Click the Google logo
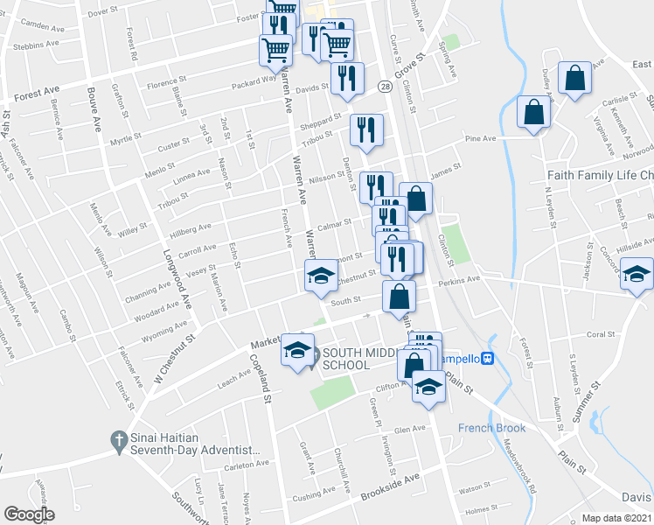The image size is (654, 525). [29, 514]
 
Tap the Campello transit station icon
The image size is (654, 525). [489, 358]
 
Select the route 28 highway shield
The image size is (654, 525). [385, 87]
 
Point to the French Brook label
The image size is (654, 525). [492, 428]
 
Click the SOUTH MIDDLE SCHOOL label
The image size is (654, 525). [359, 359]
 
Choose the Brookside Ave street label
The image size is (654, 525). [390, 488]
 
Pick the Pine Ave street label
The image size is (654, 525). [480, 138]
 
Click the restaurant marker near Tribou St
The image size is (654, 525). [365, 130]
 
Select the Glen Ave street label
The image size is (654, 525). [408, 429]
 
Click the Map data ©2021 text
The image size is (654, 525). [616, 518]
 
